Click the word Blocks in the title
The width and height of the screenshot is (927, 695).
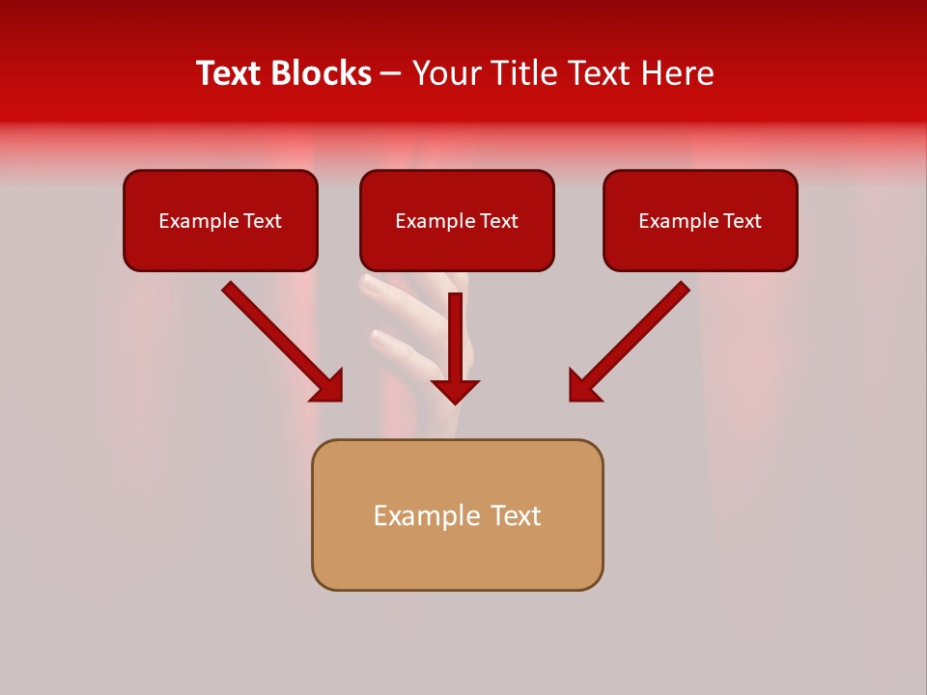[321, 73]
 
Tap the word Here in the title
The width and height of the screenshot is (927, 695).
[676, 73]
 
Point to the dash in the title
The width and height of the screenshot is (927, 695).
[391, 74]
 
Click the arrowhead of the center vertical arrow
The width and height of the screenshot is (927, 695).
[455, 391]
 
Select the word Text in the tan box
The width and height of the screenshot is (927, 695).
[515, 515]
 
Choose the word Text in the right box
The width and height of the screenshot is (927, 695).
[742, 221]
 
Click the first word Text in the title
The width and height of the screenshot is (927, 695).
[231, 73]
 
